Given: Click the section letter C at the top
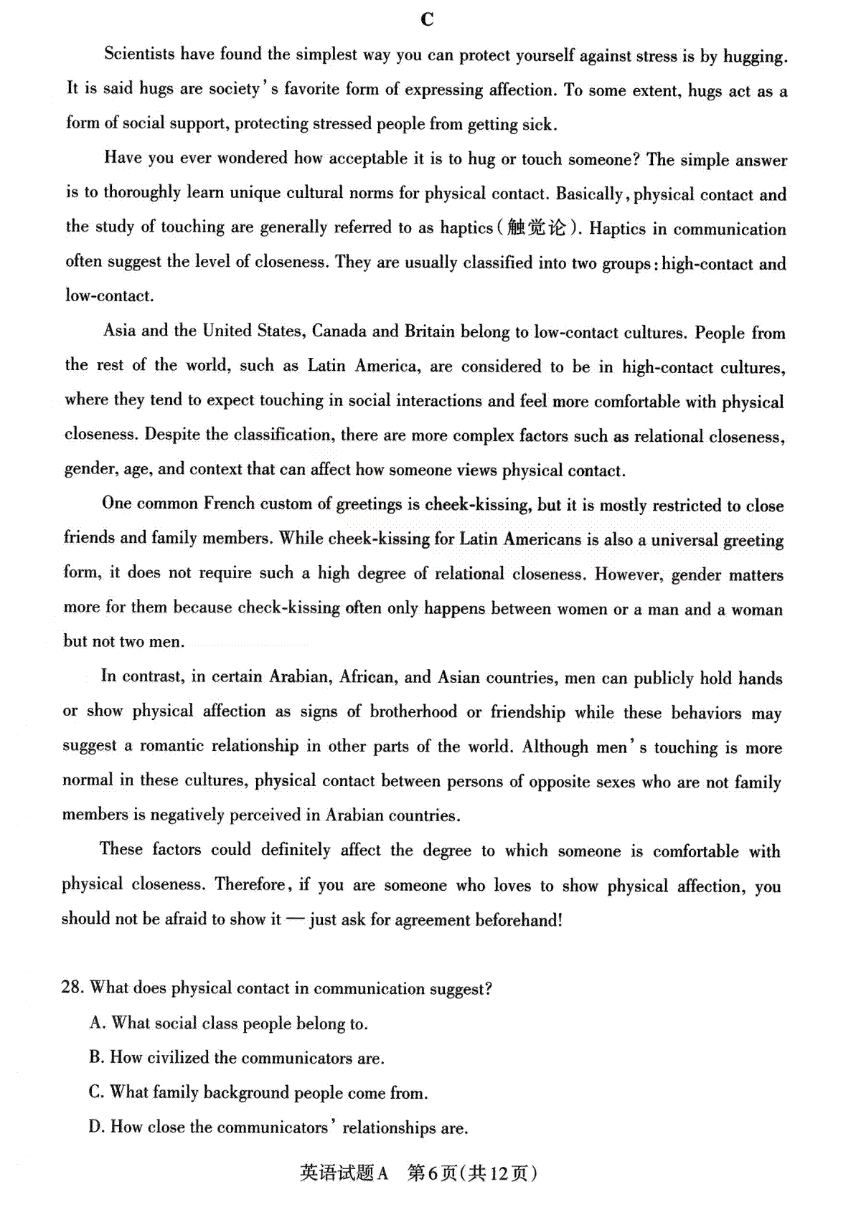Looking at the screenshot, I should point(428,19).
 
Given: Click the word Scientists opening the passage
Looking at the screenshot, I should point(139,54).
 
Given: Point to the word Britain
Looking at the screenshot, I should point(429,331).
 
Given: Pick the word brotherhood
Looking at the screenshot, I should point(413,711).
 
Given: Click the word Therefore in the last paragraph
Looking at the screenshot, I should point(251,884).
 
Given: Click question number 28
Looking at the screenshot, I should point(72,988).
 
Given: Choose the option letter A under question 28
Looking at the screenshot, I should point(98,1023).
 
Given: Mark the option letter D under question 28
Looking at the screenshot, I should point(97,1127).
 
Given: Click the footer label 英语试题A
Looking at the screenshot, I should point(344,1173).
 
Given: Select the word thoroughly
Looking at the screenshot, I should point(142,192).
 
